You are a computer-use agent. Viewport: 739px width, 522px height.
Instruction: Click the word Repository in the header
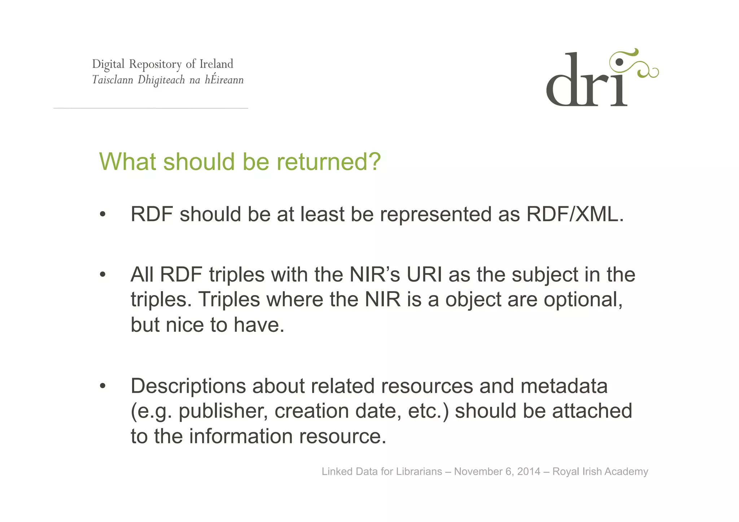(155, 64)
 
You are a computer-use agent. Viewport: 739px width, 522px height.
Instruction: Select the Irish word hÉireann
(224, 80)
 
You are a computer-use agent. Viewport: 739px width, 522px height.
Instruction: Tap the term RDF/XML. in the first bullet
(575, 214)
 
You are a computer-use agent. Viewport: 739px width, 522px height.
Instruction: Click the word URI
(424, 275)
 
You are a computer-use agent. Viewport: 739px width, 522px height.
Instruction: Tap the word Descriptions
(188, 386)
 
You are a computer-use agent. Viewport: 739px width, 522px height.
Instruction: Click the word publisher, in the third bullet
(223, 411)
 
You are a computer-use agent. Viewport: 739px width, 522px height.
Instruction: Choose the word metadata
(564, 386)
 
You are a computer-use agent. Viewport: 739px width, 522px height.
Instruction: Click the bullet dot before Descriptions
(103, 386)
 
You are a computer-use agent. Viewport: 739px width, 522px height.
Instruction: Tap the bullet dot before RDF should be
(103, 215)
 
